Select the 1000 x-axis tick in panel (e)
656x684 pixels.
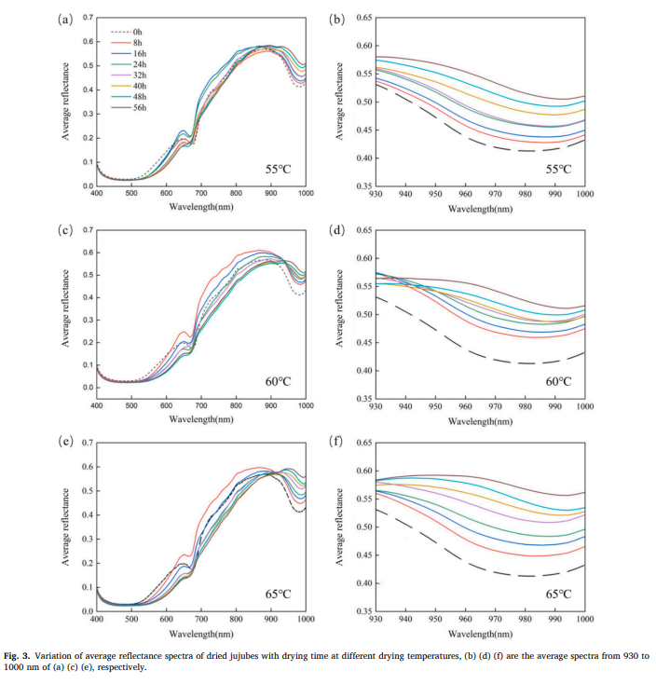(305, 619)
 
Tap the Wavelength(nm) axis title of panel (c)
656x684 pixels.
(201, 419)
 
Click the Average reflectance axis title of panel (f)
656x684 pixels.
(341, 525)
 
